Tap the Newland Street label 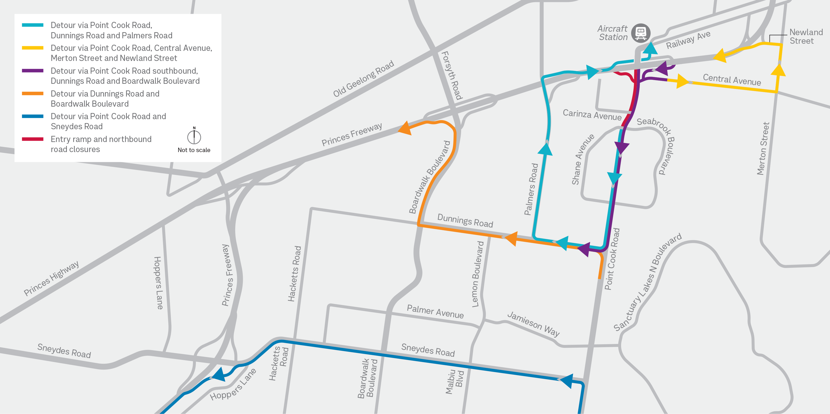coord(806,36)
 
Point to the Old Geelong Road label coord(364,79)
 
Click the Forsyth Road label coord(452,75)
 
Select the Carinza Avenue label coord(592,115)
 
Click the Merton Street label coord(763,149)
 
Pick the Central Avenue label coord(732,79)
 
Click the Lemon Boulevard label coord(478,274)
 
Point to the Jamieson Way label coord(533,324)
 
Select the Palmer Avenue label coord(435,312)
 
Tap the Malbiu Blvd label coord(455,382)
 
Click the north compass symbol coord(194,137)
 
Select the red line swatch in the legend coord(32,139)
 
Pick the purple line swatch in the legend coord(32,71)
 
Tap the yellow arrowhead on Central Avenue coord(682,81)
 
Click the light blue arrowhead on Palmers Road coord(545,149)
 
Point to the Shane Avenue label coord(582,159)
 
